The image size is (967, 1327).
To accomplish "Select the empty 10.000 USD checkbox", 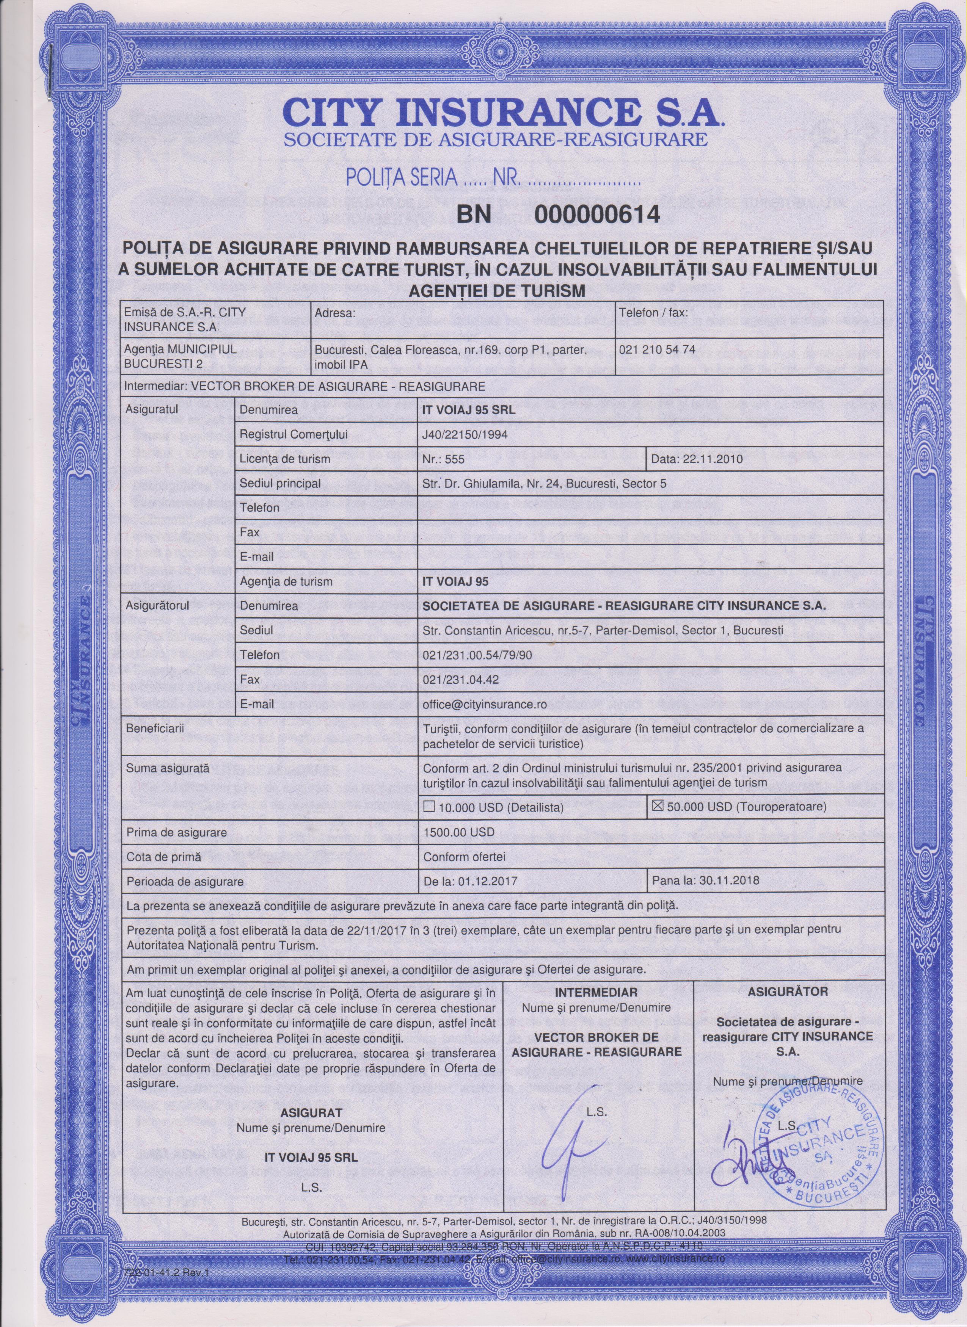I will click(x=429, y=807).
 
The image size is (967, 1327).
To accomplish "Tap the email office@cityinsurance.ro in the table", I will click(x=485, y=705).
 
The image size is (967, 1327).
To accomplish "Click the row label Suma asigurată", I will click(x=159, y=766).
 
